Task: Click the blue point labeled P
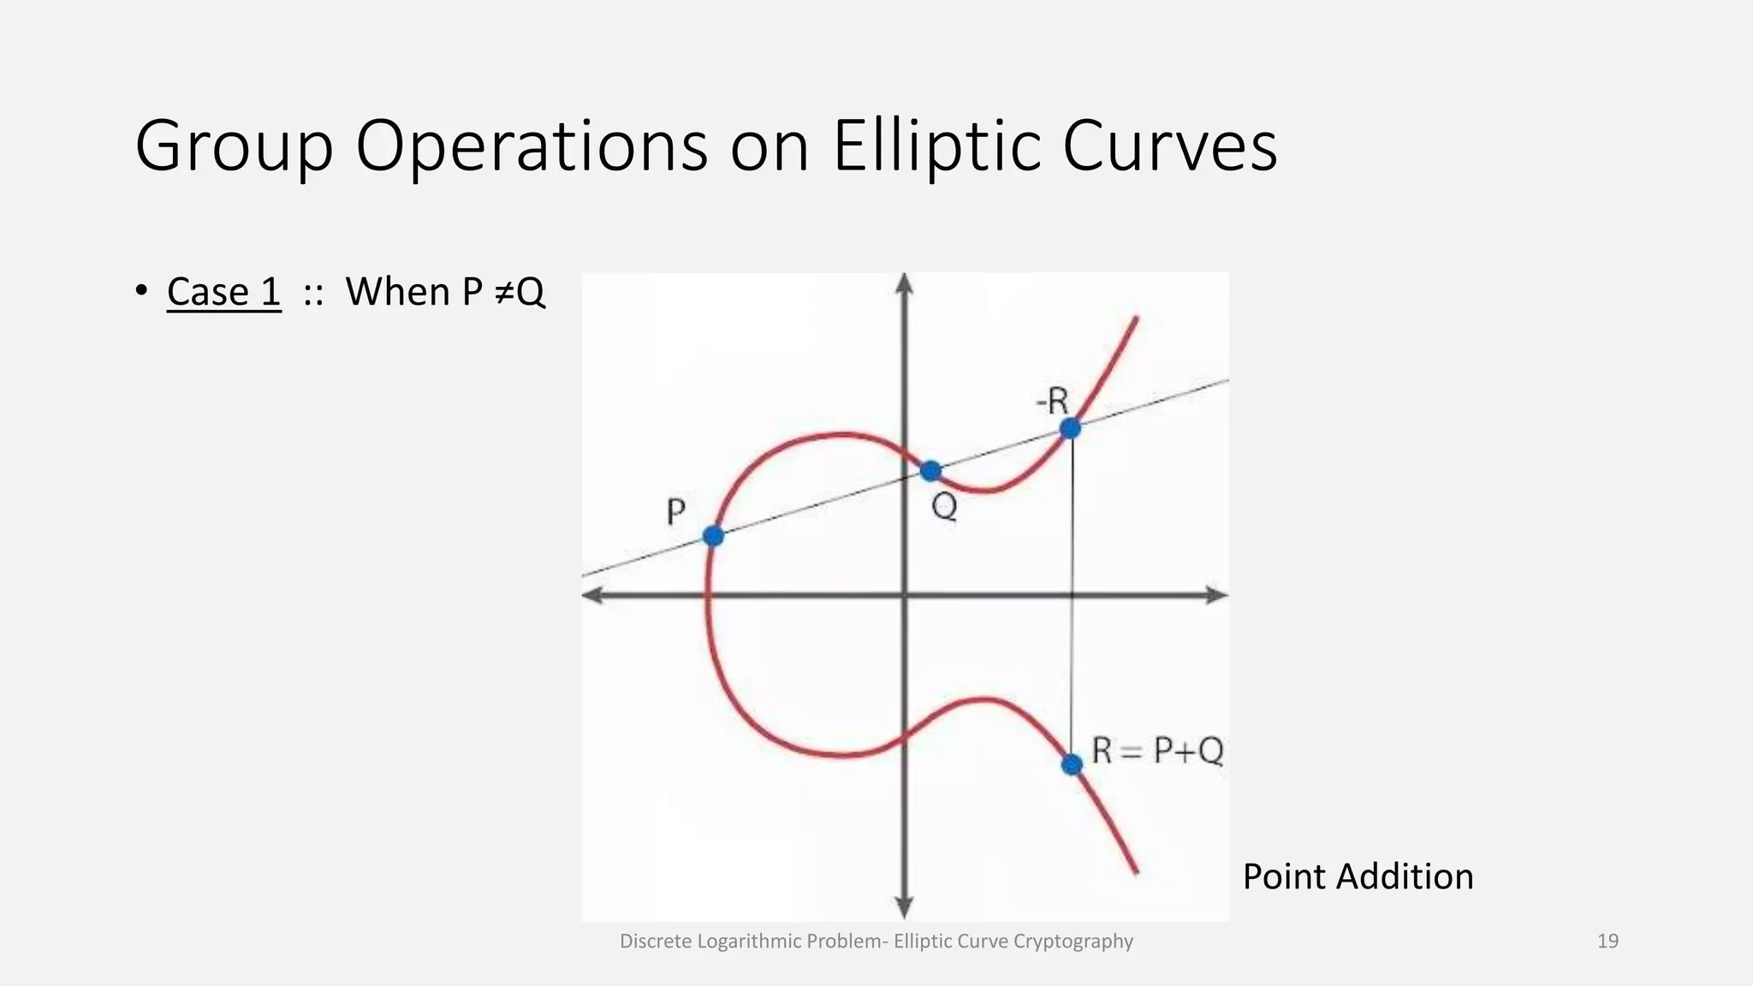713,536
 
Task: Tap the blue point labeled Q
930,471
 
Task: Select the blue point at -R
1070,428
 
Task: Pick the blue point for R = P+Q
1072,764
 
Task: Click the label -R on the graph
1052,401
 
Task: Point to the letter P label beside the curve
675,513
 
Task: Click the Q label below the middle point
944,508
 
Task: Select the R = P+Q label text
1157,751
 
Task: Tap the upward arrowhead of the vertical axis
905,284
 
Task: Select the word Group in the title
234,146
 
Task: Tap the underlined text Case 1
223,292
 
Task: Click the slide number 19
1607,941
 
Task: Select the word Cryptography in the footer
1073,941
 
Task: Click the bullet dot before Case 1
141,291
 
